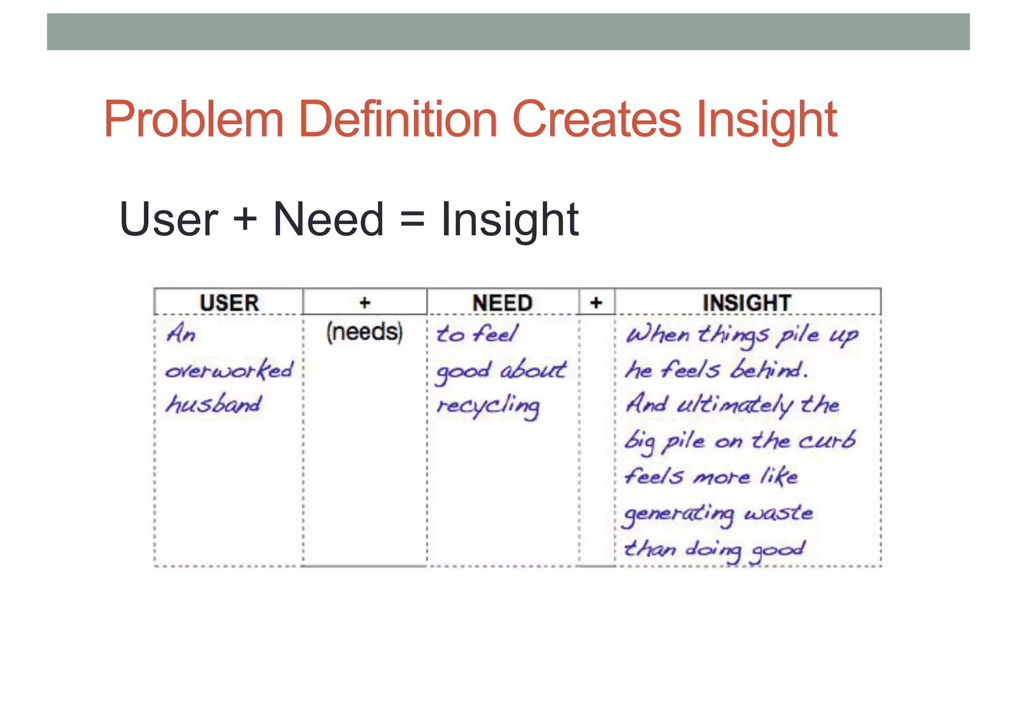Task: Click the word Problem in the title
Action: point(194,119)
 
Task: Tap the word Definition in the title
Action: point(397,119)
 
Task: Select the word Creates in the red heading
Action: point(596,119)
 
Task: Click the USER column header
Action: point(229,303)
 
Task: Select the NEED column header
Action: point(502,303)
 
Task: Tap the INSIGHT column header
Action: point(746,303)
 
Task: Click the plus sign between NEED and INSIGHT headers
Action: point(596,303)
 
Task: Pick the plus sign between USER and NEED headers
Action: point(365,303)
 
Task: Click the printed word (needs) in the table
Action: point(364,331)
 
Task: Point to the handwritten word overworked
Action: point(229,370)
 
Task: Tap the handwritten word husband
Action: point(214,404)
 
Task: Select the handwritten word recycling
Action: point(488,407)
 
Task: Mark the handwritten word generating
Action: point(678,515)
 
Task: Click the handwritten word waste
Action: point(778,513)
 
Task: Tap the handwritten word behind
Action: point(769,370)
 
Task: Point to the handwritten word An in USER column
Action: point(181,333)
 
